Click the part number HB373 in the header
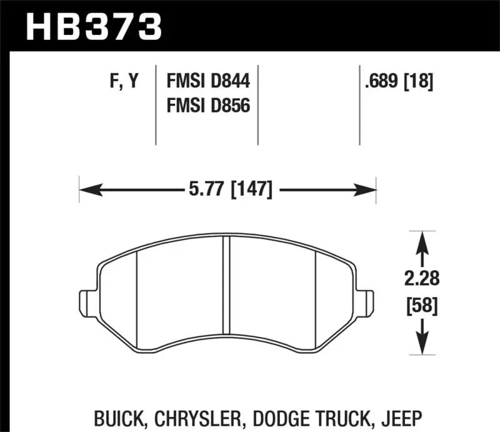point(92,26)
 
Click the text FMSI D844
point(207,81)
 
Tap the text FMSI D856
point(207,106)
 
